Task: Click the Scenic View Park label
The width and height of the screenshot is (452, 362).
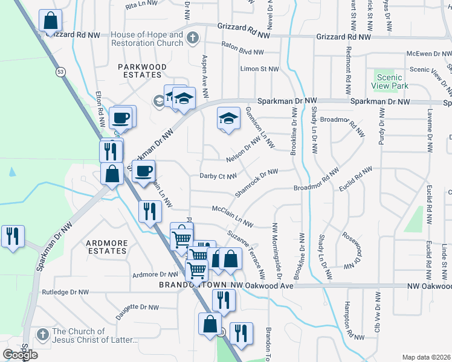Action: coord(392,81)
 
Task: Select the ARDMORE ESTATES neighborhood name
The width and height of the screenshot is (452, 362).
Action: coord(107,247)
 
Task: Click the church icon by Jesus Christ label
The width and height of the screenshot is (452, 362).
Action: coord(42,335)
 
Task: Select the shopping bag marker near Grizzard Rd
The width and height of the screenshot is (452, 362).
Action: coord(51,21)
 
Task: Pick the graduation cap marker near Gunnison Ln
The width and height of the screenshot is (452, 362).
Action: coord(228,118)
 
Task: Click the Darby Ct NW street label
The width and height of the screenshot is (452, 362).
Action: coord(217,176)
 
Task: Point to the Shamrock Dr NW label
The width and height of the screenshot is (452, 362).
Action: coord(256,181)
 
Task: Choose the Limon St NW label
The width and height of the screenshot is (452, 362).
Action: coord(260,69)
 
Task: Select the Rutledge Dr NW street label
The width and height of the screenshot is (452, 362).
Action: coord(65,292)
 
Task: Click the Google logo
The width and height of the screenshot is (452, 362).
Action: coord(21,355)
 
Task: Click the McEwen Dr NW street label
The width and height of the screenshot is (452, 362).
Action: coord(428,54)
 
